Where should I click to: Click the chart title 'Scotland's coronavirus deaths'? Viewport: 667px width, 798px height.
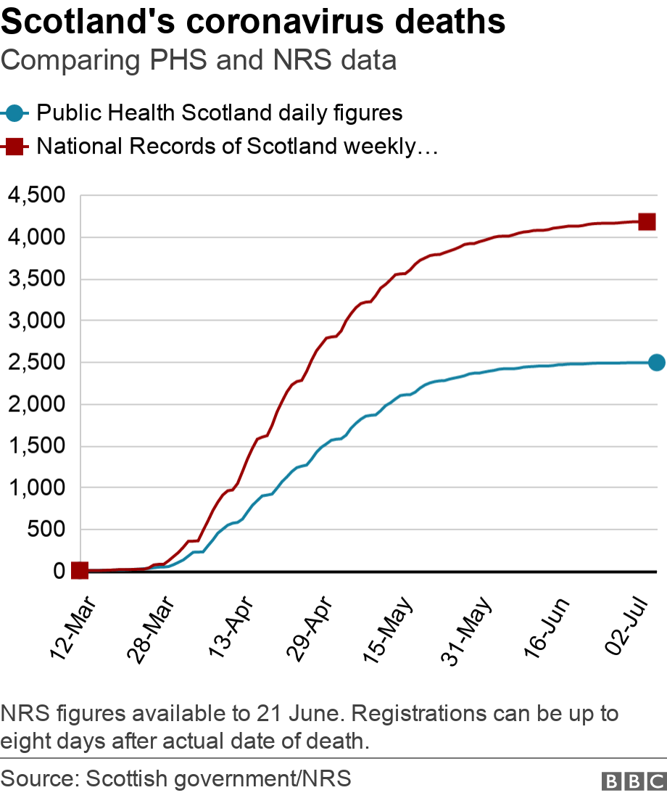click(x=253, y=22)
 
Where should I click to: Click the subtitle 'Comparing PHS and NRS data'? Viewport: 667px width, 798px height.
click(x=199, y=60)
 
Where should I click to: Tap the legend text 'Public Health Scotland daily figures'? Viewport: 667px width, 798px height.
click(x=219, y=113)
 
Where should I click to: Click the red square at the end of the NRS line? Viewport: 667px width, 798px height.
click(x=647, y=222)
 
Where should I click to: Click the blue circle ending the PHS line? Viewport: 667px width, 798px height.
click(x=656, y=363)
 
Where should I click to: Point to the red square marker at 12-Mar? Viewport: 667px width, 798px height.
click(x=80, y=571)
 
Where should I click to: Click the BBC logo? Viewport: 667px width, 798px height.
click(x=634, y=781)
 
